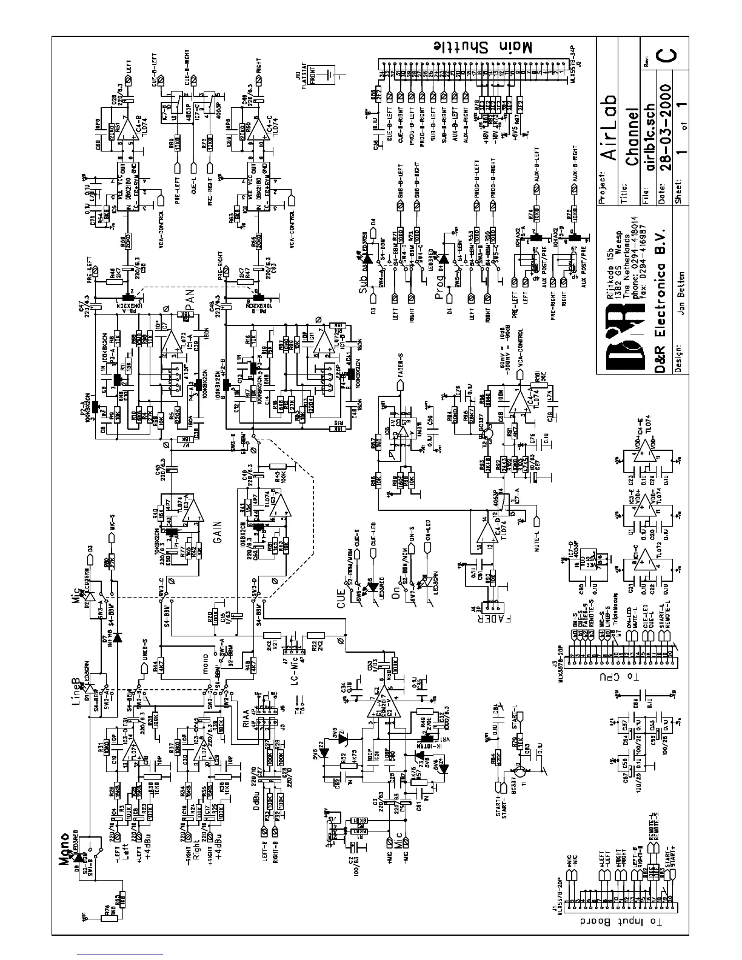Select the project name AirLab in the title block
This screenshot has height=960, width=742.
click(x=610, y=126)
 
